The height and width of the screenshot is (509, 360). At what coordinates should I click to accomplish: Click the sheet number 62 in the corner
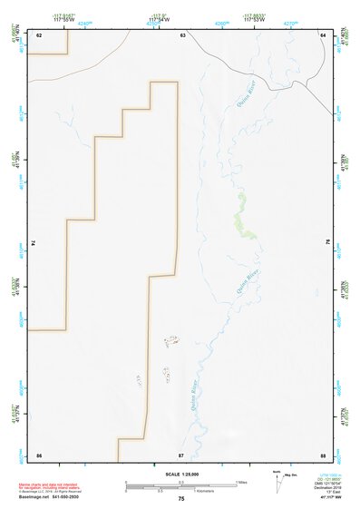[39, 34]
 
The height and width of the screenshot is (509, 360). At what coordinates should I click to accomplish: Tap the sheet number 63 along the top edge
[182, 34]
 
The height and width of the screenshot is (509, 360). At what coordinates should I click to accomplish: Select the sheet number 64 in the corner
[323, 34]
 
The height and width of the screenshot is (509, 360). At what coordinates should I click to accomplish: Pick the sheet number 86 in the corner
[39, 454]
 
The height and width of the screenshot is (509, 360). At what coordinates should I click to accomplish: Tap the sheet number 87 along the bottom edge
[181, 454]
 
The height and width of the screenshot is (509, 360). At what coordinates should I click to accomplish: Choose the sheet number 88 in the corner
[323, 454]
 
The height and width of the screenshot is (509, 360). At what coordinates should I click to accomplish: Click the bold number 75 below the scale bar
[181, 499]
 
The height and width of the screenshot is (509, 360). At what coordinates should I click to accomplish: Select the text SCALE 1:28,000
[182, 475]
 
